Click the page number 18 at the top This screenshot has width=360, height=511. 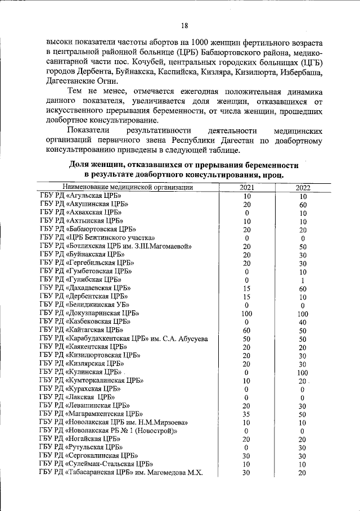click(x=184, y=25)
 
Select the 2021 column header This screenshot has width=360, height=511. click(x=247, y=188)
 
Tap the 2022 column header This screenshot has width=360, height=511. click(x=303, y=188)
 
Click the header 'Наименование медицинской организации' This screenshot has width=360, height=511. click(x=129, y=188)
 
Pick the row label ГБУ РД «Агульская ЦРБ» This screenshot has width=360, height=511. click(x=81, y=196)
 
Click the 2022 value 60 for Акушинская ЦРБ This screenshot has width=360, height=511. click(x=303, y=205)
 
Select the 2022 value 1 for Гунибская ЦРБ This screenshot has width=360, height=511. click(x=303, y=280)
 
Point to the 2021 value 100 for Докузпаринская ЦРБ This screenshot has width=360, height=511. click(x=247, y=314)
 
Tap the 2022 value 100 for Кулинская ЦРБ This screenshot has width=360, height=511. click(x=303, y=372)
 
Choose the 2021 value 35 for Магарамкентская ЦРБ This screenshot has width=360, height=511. click(x=247, y=414)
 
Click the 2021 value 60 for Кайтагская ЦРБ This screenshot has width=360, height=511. click(x=247, y=330)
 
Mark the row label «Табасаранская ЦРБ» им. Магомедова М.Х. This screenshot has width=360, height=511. click(x=120, y=472)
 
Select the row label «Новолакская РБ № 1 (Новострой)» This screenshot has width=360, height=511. click(x=109, y=431)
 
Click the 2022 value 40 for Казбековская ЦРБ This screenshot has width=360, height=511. click(x=303, y=322)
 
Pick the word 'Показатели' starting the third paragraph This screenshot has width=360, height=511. click(x=86, y=130)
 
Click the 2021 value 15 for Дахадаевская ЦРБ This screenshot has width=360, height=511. click(x=247, y=288)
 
